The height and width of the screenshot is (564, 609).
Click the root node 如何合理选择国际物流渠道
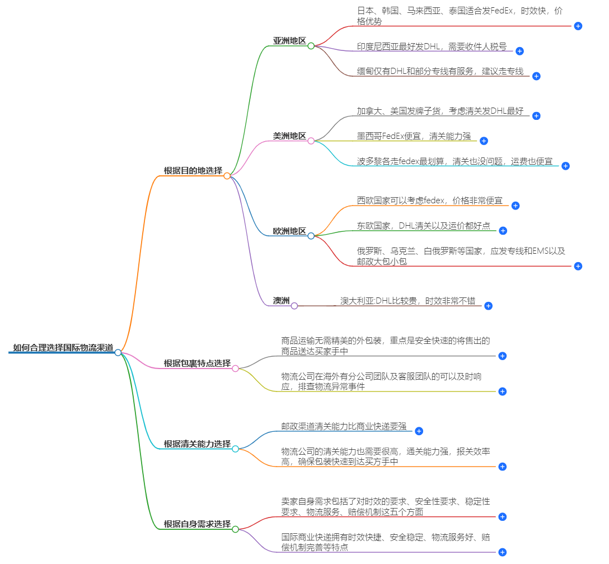63,348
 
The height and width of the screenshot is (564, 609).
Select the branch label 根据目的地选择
193,171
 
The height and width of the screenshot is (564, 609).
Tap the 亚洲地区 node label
289,41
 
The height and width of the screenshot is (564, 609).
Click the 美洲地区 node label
289,136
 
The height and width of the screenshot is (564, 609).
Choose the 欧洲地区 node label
289,231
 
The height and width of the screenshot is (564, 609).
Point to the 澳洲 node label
281,301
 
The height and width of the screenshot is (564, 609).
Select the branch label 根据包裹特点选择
197,363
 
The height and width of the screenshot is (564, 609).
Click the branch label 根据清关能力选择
197,444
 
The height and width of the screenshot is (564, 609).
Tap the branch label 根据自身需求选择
197,524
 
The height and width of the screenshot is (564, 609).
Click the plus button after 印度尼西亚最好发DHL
519,51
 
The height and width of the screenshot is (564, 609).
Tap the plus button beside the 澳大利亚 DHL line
488,306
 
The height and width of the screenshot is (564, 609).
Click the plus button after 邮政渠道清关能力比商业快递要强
419,431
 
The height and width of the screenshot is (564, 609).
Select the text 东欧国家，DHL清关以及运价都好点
423,226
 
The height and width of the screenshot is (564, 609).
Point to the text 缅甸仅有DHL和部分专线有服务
440,71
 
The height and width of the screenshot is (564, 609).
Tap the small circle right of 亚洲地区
311,45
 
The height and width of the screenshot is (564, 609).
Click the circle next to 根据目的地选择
227,176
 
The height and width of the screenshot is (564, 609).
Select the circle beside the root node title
118,352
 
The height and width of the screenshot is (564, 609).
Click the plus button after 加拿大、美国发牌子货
536,116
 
